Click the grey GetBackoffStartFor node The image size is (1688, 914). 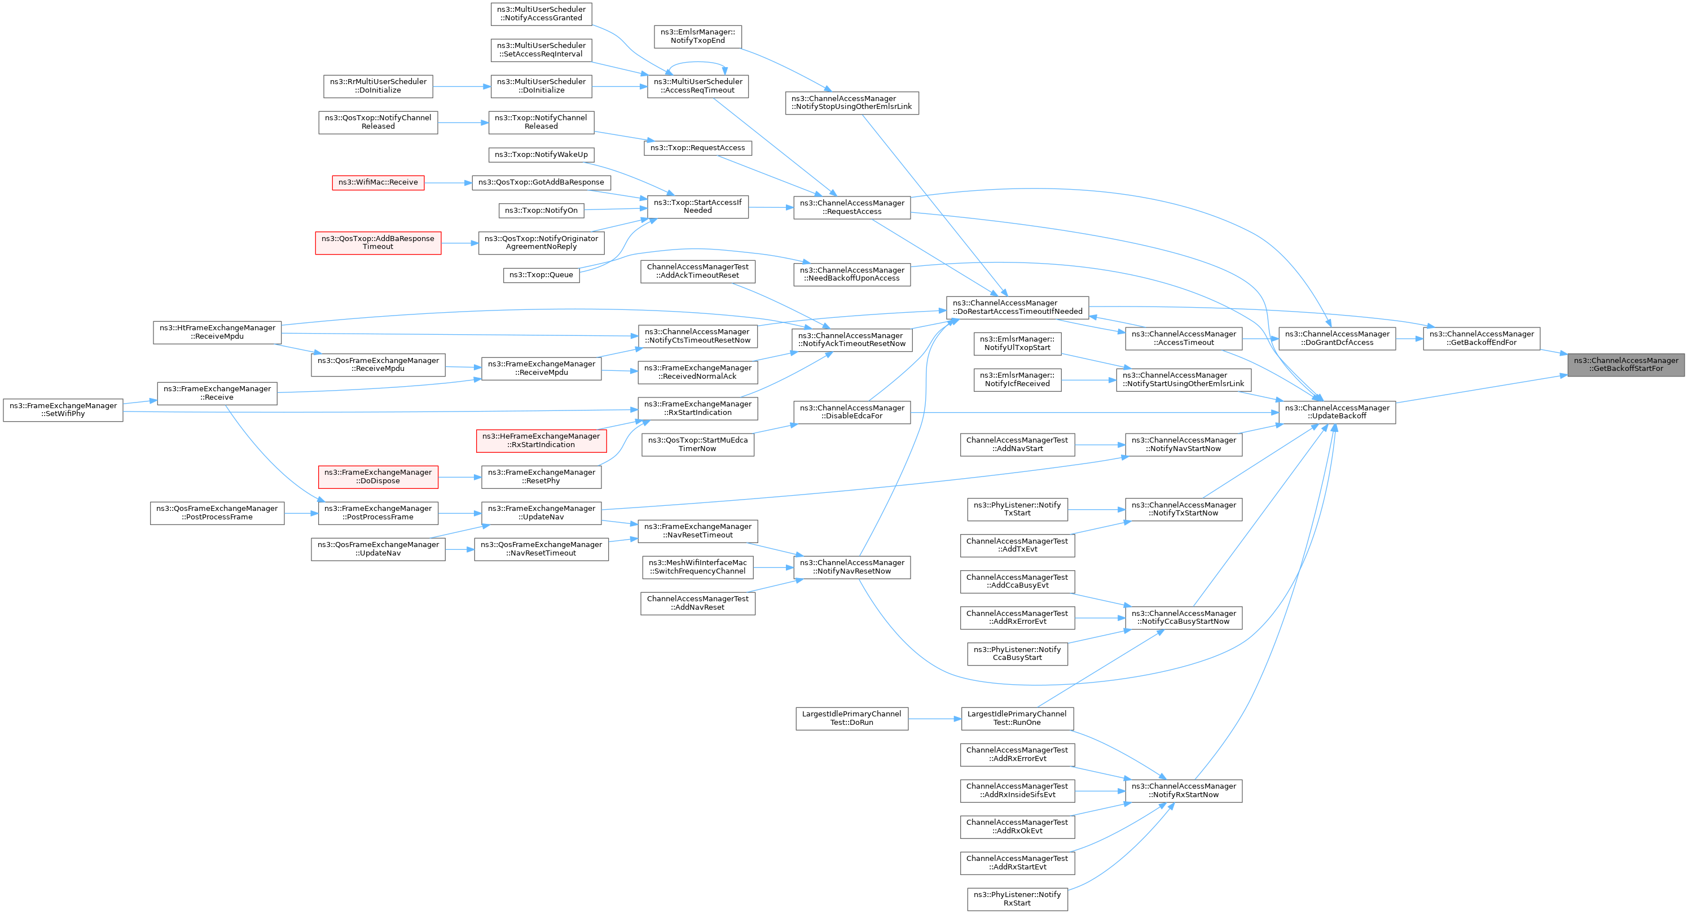click(1626, 365)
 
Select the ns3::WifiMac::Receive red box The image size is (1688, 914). click(378, 182)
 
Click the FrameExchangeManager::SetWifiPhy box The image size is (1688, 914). click(63, 410)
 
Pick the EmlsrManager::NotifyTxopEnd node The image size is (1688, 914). click(697, 36)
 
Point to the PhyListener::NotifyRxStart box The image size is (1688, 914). click(1017, 899)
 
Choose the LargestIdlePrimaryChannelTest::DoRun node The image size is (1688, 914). click(851, 718)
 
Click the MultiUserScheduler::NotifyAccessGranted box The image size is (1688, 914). click(541, 14)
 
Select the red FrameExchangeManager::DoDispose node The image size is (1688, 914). click(378, 476)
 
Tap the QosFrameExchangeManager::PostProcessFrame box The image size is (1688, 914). click(217, 513)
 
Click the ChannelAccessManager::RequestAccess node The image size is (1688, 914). click(852, 207)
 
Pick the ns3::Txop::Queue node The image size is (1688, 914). click(541, 275)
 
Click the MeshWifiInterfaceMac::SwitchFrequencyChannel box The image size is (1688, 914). click(697, 567)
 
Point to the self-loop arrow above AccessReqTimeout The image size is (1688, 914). click(698, 64)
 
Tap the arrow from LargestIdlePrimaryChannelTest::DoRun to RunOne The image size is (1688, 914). click(934, 719)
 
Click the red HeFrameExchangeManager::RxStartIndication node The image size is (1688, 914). click(541, 440)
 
